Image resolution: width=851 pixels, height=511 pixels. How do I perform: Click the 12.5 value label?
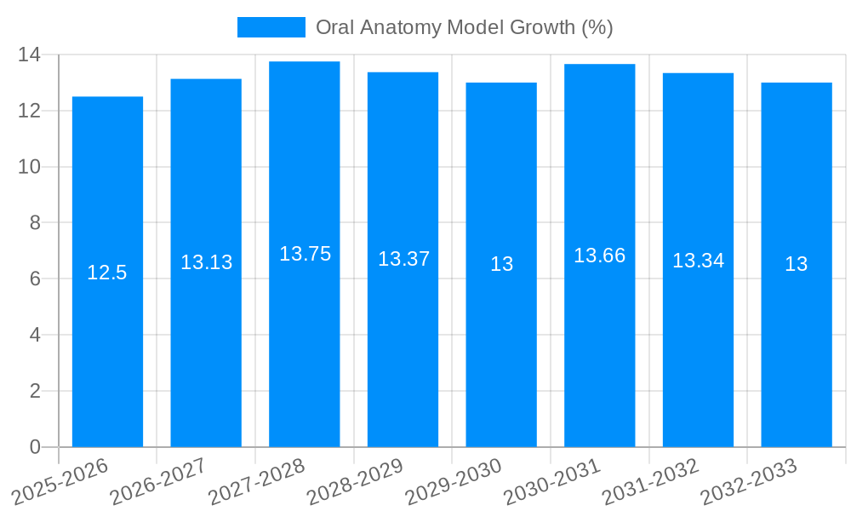[x=107, y=273]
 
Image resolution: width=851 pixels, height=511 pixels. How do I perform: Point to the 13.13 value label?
[x=206, y=262]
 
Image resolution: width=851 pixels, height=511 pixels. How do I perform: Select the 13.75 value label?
[x=305, y=254]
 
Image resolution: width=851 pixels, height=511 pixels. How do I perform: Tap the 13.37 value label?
[x=403, y=259]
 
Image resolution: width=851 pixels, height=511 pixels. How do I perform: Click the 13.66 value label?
[x=599, y=255]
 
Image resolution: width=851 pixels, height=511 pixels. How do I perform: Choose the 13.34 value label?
[x=698, y=261]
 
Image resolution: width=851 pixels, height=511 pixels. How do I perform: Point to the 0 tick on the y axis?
[x=35, y=447]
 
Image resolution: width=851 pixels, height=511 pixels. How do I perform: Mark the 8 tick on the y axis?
[x=35, y=223]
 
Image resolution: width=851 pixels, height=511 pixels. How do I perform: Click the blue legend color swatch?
[x=271, y=27]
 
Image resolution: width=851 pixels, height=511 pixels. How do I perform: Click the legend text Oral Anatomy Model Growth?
[x=464, y=27]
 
